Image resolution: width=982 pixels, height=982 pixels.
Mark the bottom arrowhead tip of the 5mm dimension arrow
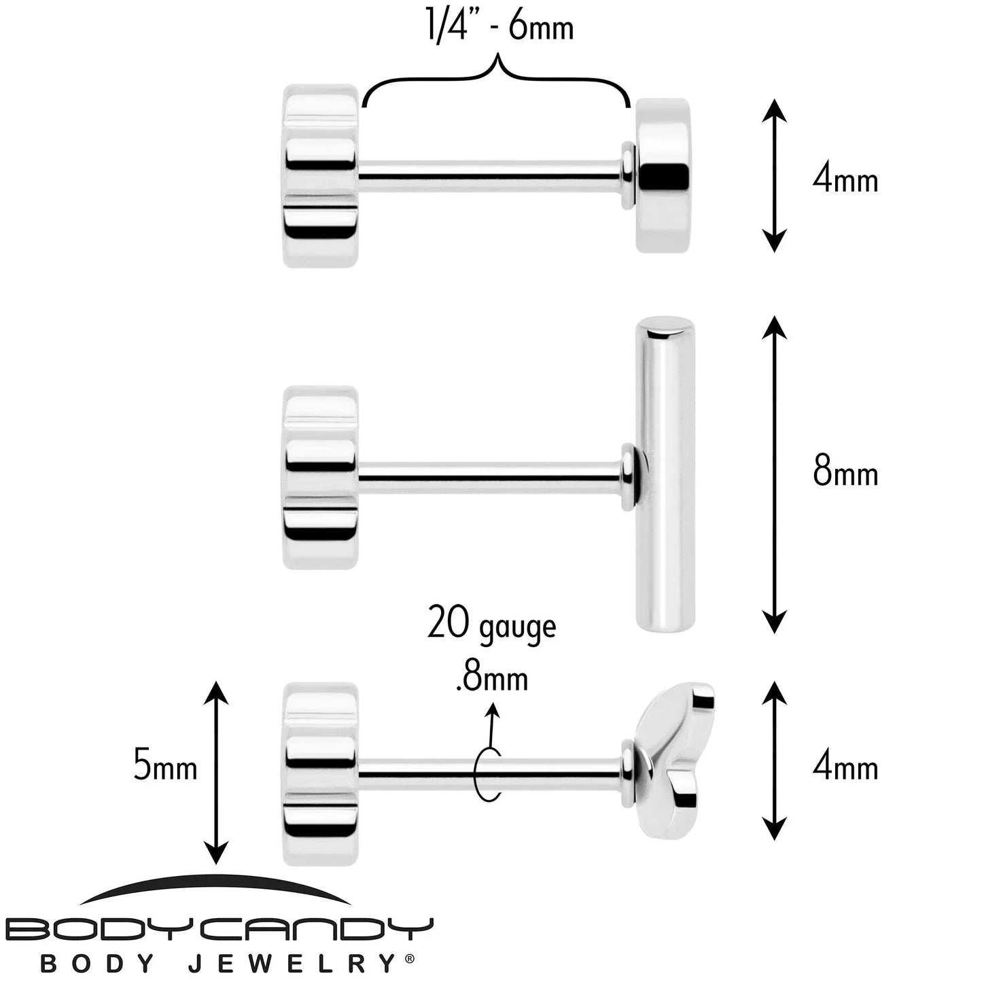[x=216, y=865]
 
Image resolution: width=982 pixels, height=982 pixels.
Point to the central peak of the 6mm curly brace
[x=495, y=54]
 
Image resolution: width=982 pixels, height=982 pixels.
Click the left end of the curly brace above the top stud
[x=362, y=107]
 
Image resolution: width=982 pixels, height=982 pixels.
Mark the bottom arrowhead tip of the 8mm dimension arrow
[x=774, y=633]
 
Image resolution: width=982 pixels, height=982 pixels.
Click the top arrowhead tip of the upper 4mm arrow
[x=774, y=99]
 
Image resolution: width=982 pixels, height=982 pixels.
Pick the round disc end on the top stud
[x=663, y=175]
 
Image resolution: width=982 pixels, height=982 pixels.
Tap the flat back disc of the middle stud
[x=320, y=478]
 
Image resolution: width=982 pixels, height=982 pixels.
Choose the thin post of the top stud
[x=490, y=176]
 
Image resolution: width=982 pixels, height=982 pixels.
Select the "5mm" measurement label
[x=165, y=765]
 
